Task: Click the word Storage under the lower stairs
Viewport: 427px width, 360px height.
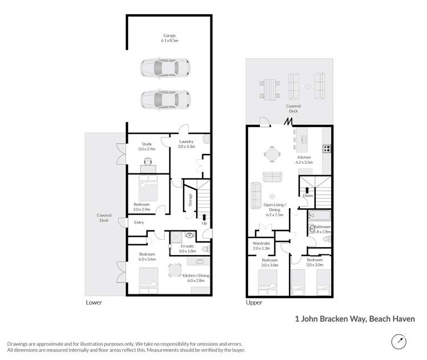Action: (x=190, y=200)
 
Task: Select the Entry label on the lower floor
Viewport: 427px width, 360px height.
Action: (x=139, y=223)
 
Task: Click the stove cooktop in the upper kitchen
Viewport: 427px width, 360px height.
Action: (x=328, y=149)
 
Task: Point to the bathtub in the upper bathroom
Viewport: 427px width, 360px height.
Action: (x=319, y=216)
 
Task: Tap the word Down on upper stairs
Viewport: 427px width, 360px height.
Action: (x=308, y=196)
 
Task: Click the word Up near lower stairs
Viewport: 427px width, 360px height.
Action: (x=204, y=223)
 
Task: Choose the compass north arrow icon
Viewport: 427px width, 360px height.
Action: (x=399, y=342)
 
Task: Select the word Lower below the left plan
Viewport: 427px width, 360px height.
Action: (x=93, y=302)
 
